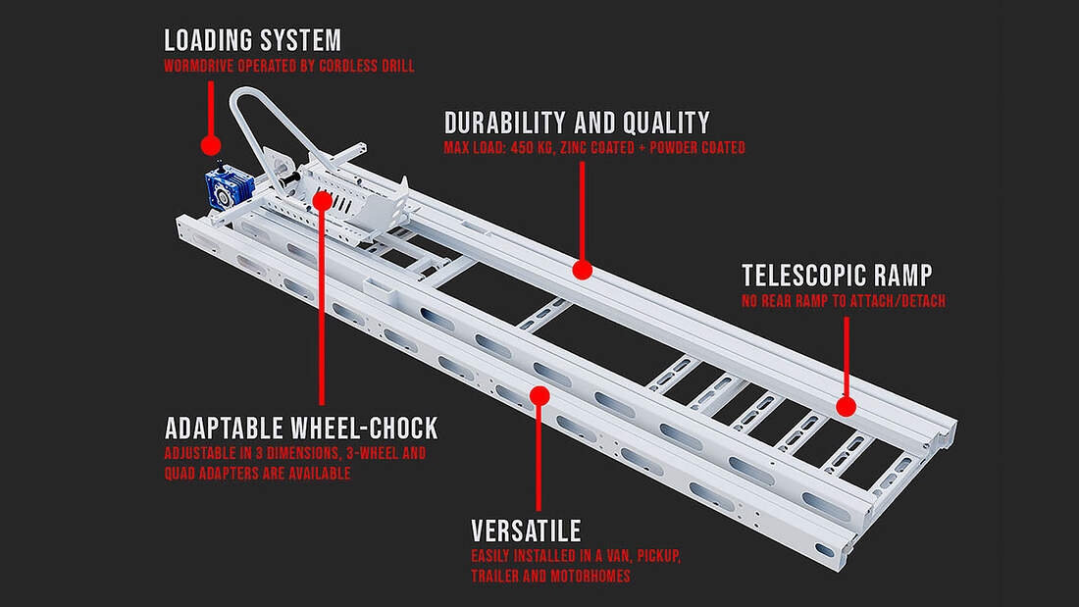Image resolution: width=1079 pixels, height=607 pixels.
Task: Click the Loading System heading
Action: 252,40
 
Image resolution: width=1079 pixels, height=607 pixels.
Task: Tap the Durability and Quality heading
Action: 577,123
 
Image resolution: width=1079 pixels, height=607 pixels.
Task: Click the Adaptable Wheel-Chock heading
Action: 301,429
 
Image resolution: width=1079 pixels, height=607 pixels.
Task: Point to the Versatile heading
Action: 526,531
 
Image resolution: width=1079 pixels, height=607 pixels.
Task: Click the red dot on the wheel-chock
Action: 323,199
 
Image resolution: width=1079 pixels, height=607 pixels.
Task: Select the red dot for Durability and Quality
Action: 582,268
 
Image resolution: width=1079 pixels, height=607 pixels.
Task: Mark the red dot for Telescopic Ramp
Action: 846,404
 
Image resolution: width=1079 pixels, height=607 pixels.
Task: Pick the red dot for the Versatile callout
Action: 538,395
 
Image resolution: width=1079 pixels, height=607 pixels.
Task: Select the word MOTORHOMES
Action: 593,577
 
